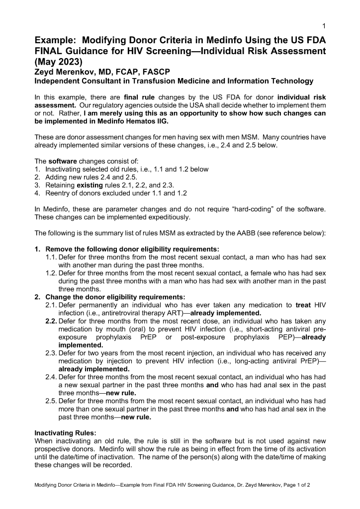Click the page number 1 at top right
pos(324,26)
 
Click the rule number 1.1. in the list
pos(51,257)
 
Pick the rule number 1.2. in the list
pos(51,273)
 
